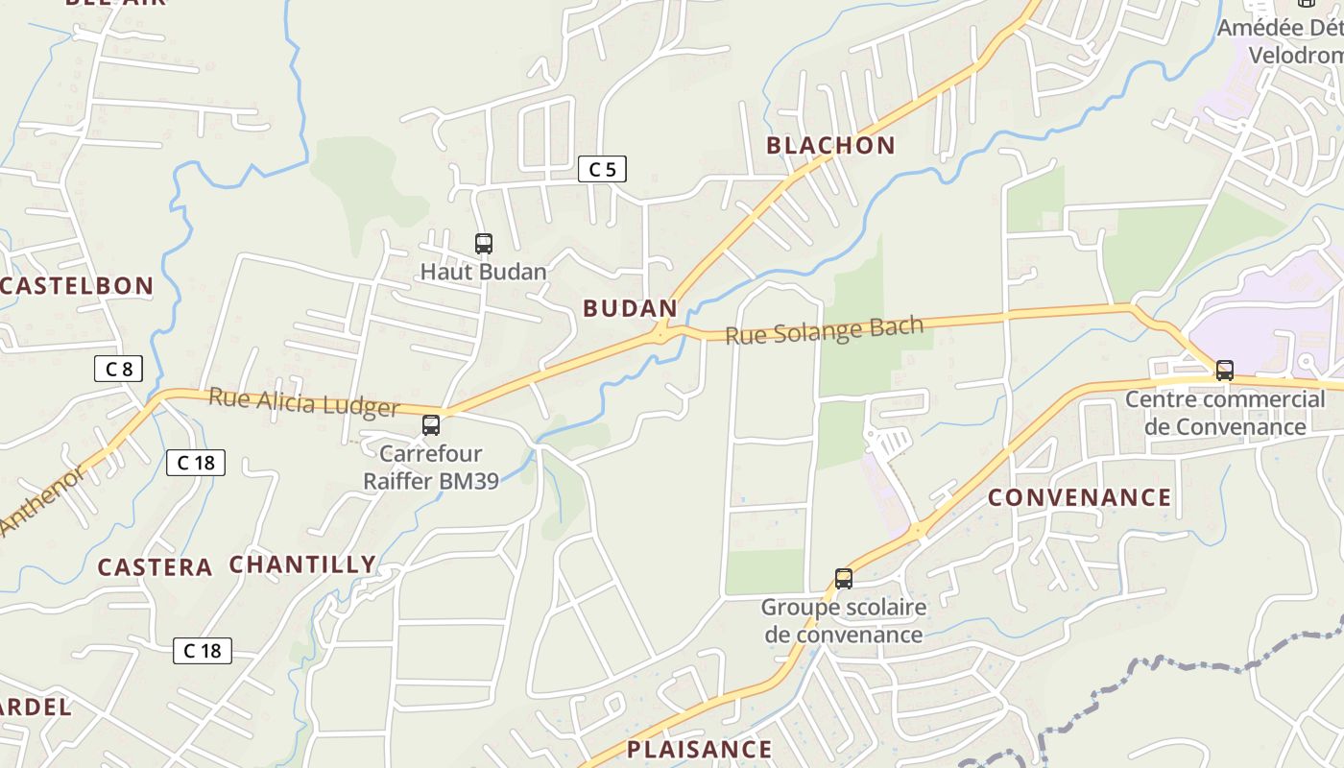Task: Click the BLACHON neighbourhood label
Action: click(830, 146)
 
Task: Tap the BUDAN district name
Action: click(630, 308)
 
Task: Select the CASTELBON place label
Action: click(77, 285)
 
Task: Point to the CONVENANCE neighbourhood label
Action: click(1079, 497)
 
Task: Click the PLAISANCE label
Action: click(699, 749)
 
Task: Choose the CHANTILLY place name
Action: click(302, 564)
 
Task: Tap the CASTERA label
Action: click(155, 567)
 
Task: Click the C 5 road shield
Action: click(602, 170)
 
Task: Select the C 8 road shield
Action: click(119, 368)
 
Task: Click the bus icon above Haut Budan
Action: click(484, 244)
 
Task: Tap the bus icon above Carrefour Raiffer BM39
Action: click(431, 424)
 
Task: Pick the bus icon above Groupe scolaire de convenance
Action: click(844, 579)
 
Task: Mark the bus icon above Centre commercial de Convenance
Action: click(1225, 371)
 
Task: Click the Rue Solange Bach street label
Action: click(824, 329)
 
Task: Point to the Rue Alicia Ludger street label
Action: click(303, 402)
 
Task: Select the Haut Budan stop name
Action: click(483, 272)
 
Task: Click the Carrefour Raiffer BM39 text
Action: click(431, 467)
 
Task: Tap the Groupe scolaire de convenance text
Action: click(844, 620)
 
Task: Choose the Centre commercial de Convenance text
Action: click(1225, 412)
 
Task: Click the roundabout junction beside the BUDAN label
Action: click(660, 333)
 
